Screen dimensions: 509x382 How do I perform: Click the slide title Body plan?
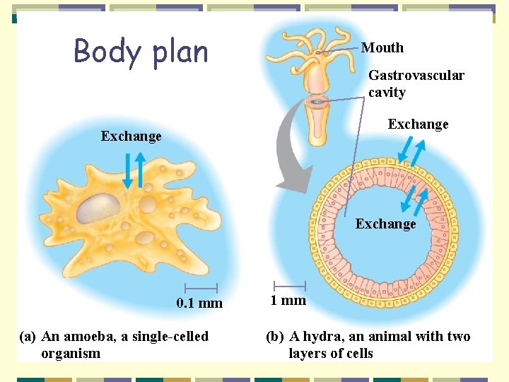(x=141, y=52)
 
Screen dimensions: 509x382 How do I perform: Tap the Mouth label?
(x=382, y=48)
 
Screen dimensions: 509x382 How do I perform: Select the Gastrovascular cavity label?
(x=416, y=83)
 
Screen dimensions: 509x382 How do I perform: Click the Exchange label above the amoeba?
(x=131, y=136)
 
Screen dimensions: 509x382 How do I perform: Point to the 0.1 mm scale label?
(x=199, y=303)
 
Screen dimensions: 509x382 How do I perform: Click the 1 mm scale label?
(x=288, y=300)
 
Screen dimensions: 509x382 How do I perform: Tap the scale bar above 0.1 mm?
(x=200, y=288)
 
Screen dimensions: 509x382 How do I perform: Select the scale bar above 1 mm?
(x=288, y=285)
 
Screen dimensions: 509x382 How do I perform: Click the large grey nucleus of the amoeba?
(x=98, y=208)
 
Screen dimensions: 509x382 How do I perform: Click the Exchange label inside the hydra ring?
(x=385, y=224)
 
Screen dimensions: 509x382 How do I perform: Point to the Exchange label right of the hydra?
(x=418, y=124)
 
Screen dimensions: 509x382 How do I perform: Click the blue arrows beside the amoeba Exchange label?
(x=134, y=170)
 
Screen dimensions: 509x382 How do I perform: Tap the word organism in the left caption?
(x=71, y=353)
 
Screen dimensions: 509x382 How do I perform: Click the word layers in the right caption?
(x=308, y=353)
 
